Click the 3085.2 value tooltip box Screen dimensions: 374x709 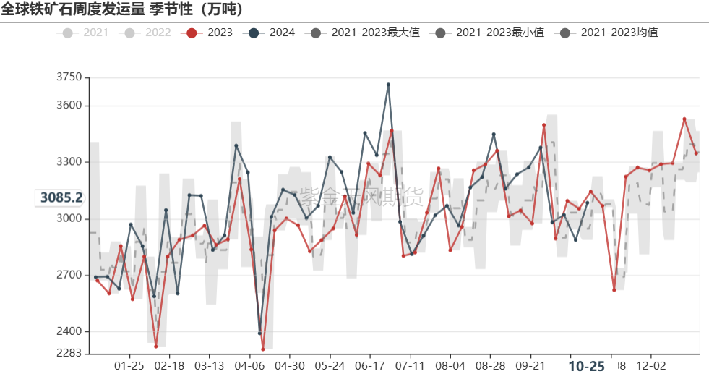coord(61,197)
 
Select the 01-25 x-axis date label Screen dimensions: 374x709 coord(129,365)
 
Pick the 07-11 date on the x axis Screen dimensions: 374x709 coord(410,365)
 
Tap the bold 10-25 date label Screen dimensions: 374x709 coord(586,366)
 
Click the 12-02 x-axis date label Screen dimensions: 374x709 coord(651,365)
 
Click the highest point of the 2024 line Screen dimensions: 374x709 coord(388,85)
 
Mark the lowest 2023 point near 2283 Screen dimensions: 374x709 coord(262,349)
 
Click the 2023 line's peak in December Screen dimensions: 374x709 coord(684,119)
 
